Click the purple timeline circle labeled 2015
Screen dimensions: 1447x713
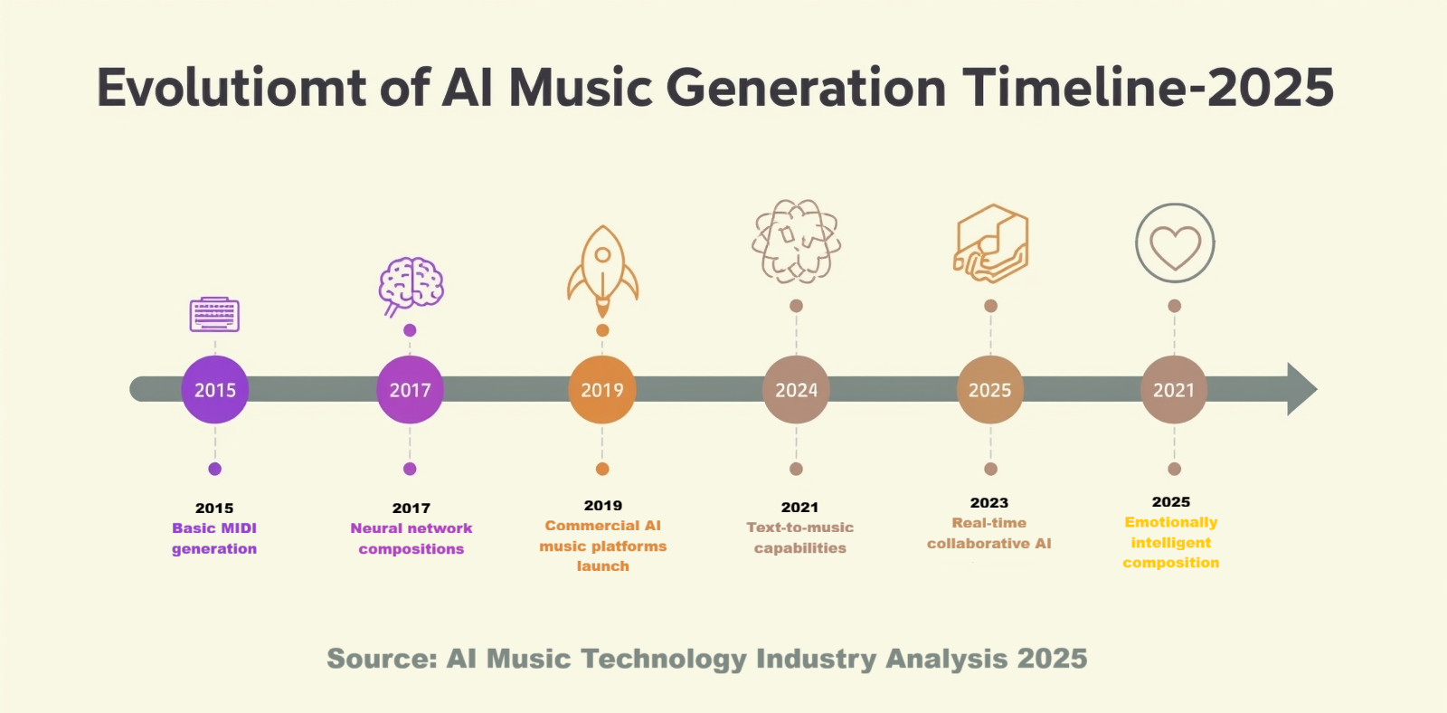tap(215, 390)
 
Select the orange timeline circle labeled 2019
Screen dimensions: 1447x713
tap(602, 390)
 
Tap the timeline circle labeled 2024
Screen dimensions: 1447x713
tap(796, 390)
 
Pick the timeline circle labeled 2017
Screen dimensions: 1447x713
tap(411, 390)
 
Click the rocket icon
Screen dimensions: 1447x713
tap(602, 271)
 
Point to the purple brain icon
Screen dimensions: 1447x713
tap(411, 286)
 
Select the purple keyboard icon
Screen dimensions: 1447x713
tap(214, 315)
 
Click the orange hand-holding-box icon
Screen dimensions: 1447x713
tap(991, 243)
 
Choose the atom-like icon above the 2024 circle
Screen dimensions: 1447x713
tap(797, 242)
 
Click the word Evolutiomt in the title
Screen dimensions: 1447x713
tap(232, 88)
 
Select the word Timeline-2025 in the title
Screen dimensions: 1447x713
tap(1148, 88)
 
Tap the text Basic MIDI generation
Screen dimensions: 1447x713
tap(214, 538)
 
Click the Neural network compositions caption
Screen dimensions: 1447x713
tap(411, 538)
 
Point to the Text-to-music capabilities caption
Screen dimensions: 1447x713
tap(799, 537)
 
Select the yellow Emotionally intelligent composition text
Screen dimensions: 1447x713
tap(1171, 542)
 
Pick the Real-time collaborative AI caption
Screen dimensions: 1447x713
tap(989, 533)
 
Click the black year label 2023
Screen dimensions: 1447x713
tap(989, 503)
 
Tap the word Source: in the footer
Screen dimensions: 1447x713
tap(383, 659)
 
